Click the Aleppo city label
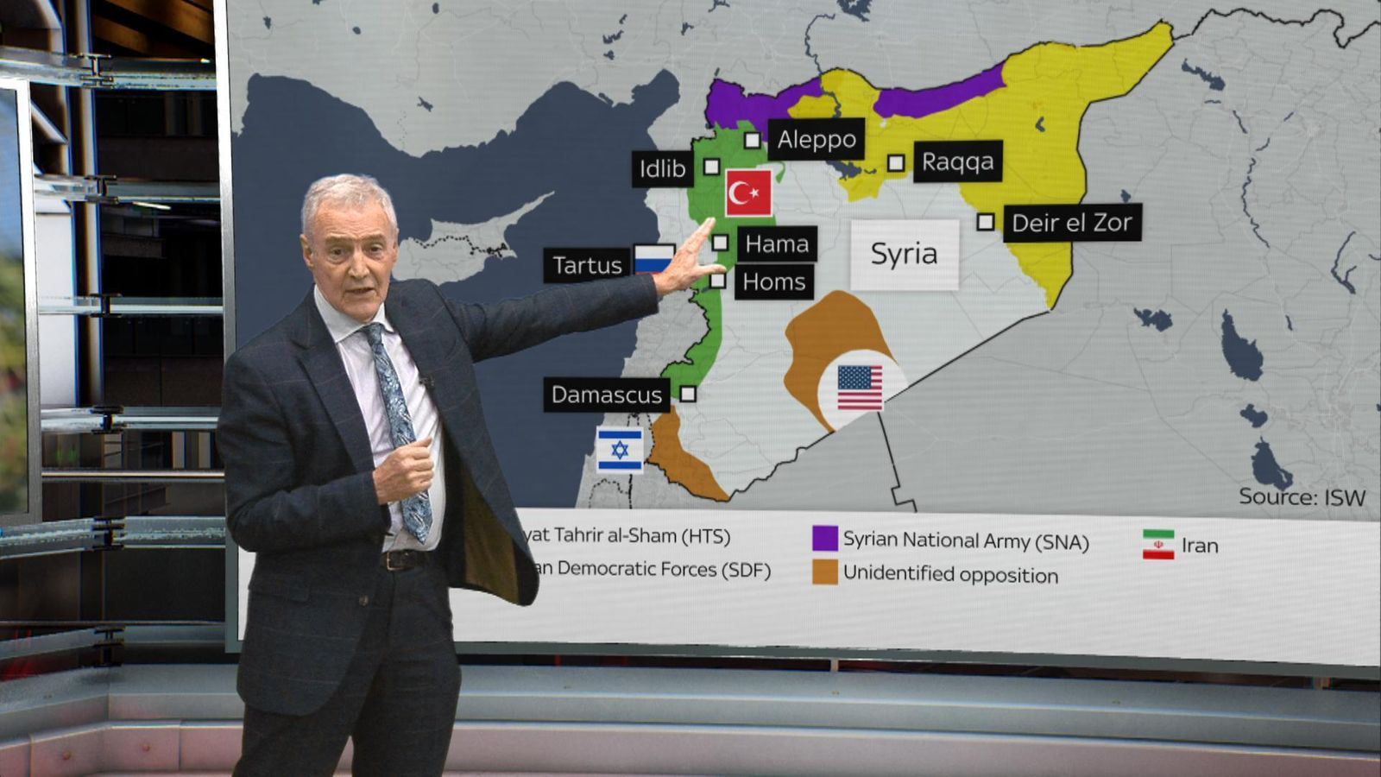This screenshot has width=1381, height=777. pyautogui.click(x=816, y=139)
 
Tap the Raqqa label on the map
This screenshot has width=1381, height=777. pyautogui.click(x=957, y=161)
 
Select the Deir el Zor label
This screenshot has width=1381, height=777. pyautogui.click(x=1071, y=223)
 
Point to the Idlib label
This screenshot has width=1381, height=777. pyautogui.click(x=662, y=168)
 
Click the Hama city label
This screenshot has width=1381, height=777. pyautogui.click(x=777, y=244)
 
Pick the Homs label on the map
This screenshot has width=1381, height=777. pyautogui.click(x=773, y=281)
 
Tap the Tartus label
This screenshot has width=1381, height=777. pyautogui.click(x=587, y=265)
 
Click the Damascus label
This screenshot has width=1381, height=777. pyautogui.click(x=606, y=395)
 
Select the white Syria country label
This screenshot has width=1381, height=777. pyautogui.click(x=904, y=254)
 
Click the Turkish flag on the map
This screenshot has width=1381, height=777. pyautogui.click(x=748, y=193)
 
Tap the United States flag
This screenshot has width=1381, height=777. pyautogui.click(x=860, y=388)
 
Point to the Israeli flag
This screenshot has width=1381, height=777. pyautogui.click(x=620, y=450)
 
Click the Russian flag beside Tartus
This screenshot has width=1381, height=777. pyautogui.click(x=653, y=258)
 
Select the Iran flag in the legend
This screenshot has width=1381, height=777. pyautogui.click(x=1158, y=545)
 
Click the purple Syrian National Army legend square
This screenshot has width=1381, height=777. pyautogui.click(x=825, y=538)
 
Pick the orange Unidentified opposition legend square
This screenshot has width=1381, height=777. pyautogui.click(x=825, y=572)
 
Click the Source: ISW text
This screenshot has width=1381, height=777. pyautogui.click(x=1302, y=496)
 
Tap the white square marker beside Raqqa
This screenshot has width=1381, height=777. pyautogui.click(x=896, y=162)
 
